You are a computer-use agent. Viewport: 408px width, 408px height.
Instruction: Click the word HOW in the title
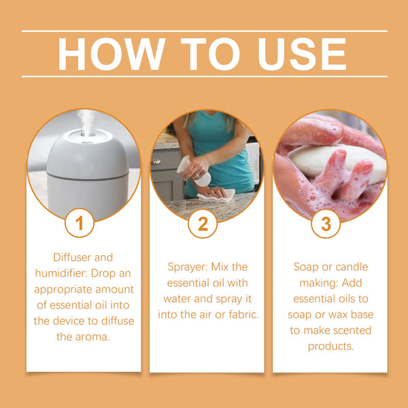112,54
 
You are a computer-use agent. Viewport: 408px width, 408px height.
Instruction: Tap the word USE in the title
302,54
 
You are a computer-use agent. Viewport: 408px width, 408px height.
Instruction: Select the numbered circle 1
80,223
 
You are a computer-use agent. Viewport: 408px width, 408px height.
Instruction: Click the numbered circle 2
203,224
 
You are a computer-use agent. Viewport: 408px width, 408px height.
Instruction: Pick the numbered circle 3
326,224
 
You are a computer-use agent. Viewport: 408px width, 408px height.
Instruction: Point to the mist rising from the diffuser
86,122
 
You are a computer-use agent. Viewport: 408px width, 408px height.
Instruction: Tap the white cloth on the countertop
216,197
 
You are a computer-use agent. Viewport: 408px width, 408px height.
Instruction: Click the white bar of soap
336,163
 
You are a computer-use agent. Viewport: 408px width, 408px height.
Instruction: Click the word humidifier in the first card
61,273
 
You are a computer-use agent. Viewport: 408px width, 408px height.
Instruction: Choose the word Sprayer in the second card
188,267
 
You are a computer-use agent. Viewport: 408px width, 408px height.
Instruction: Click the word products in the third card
330,347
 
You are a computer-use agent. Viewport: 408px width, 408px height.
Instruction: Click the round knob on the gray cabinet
156,161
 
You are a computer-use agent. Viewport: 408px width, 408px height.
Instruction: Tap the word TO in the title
210,54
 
